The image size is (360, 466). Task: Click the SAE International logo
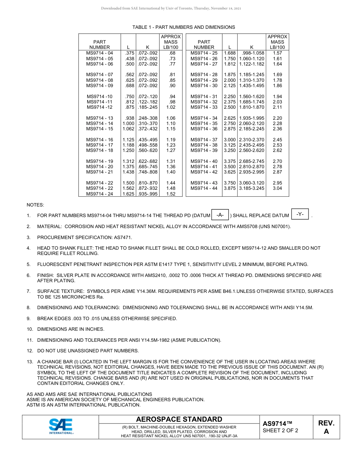[x=61, y=426]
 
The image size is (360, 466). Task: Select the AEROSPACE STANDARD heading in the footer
[x=179, y=419]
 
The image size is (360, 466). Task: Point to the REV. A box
[x=326, y=427]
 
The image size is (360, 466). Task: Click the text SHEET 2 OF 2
[x=280, y=431]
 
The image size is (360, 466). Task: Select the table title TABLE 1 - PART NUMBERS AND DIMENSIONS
[x=183, y=27]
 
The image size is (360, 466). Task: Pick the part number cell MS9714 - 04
[x=99, y=53]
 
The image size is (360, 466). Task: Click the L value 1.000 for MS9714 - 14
[x=128, y=124]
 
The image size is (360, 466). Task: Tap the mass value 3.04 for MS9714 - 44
[x=277, y=188]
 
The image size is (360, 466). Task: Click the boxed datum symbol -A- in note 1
[x=220, y=215]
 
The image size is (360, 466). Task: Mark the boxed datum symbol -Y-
[x=300, y=214]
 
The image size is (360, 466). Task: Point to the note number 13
[x=29, y=362]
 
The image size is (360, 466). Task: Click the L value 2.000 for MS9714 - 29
[x=230, y=80]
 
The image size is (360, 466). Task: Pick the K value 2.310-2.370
[x=252, y=140]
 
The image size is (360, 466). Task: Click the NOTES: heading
[x=35, y=205]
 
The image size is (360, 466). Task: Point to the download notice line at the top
[x=171, y=8]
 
